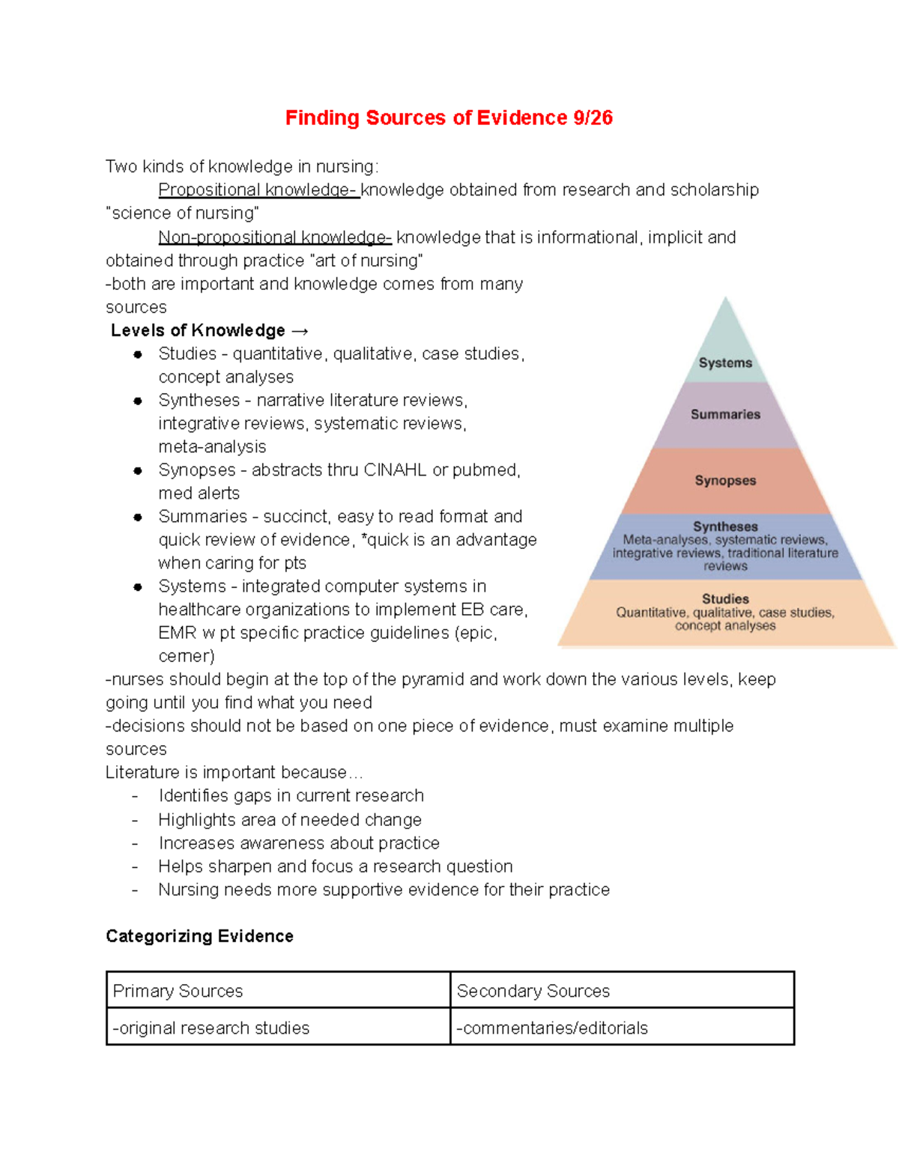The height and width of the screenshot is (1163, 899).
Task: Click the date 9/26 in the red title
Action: coord(593,118)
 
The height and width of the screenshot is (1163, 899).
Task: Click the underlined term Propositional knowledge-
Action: coord(258,189)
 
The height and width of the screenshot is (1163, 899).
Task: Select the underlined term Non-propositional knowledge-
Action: coord(274,237)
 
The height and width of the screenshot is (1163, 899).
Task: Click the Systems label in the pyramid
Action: coord(725,362)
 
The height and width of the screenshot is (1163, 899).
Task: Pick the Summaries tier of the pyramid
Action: coord(725,414)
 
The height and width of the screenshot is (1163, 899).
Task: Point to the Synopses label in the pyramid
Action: coord(725,480)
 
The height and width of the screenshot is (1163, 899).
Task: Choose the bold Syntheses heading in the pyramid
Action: coord(725,526)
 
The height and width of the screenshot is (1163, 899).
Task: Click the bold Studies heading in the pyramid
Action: coord(725,598)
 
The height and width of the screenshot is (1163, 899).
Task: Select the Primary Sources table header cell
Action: coord(278,991)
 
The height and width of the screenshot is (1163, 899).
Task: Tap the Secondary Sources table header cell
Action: coord(622,991)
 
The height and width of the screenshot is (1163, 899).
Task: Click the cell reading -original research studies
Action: coord(278,1027)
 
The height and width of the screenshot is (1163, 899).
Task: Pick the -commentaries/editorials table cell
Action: coord(622,1027)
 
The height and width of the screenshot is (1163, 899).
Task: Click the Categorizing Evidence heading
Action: coord(199,936)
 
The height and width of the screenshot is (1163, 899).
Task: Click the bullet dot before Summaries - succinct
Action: coord(138,517)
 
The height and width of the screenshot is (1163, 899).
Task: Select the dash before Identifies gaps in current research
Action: coord(135,796)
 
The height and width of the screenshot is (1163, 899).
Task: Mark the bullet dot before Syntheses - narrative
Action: coord(138,401)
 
